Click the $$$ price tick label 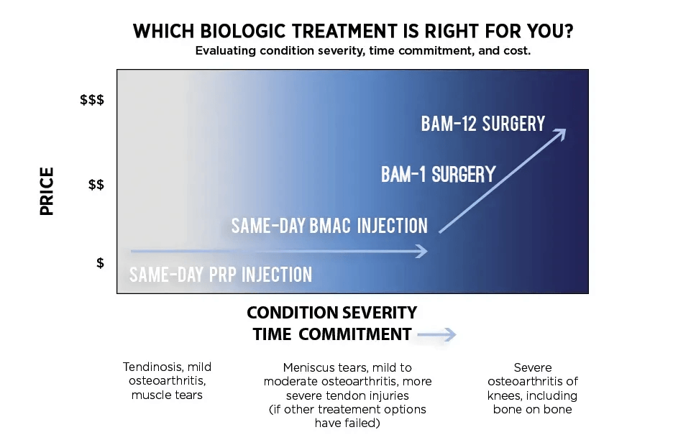coord(92,100)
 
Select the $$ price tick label coord(96,185)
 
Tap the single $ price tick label coord(100,263)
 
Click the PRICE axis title coord(47,191)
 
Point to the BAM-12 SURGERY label coord(483,124)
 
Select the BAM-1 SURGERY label coord(438,174)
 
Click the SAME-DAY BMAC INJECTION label coord(329,226)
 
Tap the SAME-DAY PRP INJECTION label coord(221,275)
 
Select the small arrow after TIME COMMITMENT coord(436,335)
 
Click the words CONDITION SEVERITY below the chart coord(331,313)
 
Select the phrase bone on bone coord(532,409)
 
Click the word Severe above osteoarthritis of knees coord(532,367)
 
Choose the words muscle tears coord(167,395)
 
